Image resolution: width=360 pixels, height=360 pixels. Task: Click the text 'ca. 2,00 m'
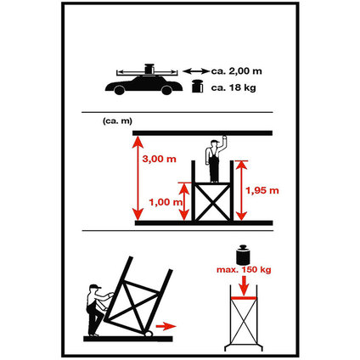(236, 71)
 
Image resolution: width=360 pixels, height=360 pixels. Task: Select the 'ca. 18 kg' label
(233, 87)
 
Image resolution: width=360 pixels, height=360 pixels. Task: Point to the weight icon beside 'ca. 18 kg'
(198, 87)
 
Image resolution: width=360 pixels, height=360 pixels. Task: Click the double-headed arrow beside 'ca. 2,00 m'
(196, 71)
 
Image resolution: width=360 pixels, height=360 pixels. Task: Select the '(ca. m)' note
(117, 121)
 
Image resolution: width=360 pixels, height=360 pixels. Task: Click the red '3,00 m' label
(160, 159)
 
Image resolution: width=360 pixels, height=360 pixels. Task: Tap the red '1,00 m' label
(166, 202)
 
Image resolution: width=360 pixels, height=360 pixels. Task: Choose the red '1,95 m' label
(262, 190)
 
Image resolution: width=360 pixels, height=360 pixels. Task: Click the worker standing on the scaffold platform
(215, 160)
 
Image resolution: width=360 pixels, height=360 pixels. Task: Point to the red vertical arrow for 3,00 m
(138, 178)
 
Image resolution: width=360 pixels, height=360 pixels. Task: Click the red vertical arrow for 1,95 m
(241, 190)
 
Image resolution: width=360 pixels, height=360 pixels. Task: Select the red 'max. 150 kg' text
(244, 270)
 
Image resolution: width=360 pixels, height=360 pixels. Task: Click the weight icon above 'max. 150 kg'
(243, 255)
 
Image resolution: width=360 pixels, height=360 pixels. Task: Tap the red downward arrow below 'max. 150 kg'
(244, 284)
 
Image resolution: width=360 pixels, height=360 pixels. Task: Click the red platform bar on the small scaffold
(244, 298)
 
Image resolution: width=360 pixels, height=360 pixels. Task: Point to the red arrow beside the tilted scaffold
(166, 326)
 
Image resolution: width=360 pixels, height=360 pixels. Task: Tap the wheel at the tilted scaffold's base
(149, 334)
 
